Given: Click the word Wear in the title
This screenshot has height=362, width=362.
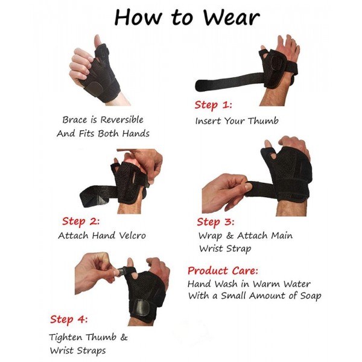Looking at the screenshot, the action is (231, 17).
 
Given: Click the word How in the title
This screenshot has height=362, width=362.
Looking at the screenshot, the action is (138, 17).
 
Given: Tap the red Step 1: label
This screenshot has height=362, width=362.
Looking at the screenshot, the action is (214, 105).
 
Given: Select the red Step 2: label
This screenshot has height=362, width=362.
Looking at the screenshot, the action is (81, 221).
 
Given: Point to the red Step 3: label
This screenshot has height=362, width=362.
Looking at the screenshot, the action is (215, 222).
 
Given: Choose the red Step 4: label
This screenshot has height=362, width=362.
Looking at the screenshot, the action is (69, 320).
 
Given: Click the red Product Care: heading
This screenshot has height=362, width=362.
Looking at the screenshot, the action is (223, 270).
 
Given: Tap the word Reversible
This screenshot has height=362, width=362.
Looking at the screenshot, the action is (122, 119).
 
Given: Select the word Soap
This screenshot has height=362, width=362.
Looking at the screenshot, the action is (311, 296).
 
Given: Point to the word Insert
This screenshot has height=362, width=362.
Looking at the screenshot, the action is (208, 121).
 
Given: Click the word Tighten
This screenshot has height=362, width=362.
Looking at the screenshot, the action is (66, 337).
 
